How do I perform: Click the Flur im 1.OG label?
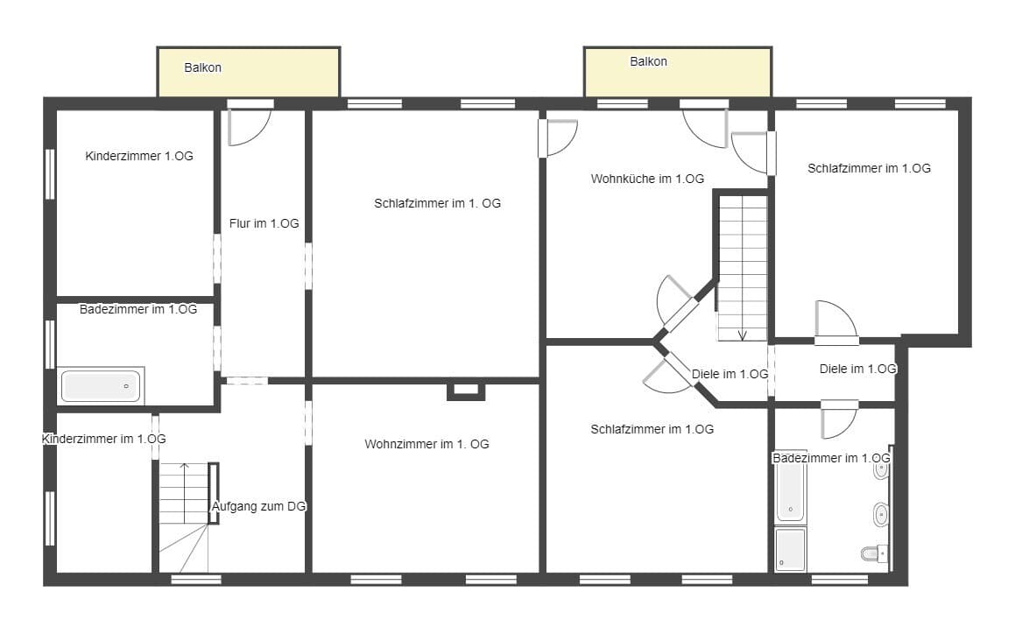(x=264, y=224)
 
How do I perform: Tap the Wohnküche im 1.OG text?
(x=647, y=180)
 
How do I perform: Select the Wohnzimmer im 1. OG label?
(x=426, y=445)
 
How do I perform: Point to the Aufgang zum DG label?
(x=259, y=507)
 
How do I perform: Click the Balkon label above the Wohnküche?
(x=649, y=61)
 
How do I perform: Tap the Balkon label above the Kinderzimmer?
(x=202, y=68)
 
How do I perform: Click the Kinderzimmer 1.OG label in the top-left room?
(x=139, y=156)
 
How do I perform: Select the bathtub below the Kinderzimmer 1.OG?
(x=101, y=385)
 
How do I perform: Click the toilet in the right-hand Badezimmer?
(x=874, y=553)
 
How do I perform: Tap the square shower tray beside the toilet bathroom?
(x=791, y=550)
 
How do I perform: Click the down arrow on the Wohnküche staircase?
(x=743, y=335)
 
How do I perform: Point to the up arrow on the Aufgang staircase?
(x=185, y=467)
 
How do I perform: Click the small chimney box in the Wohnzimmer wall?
(x=466, y=391)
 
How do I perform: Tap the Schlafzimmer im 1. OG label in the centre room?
(x=438, y=204)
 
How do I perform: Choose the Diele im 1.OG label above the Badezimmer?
(x=857, y=370)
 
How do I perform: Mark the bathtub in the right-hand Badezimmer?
(x=791, y=492)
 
